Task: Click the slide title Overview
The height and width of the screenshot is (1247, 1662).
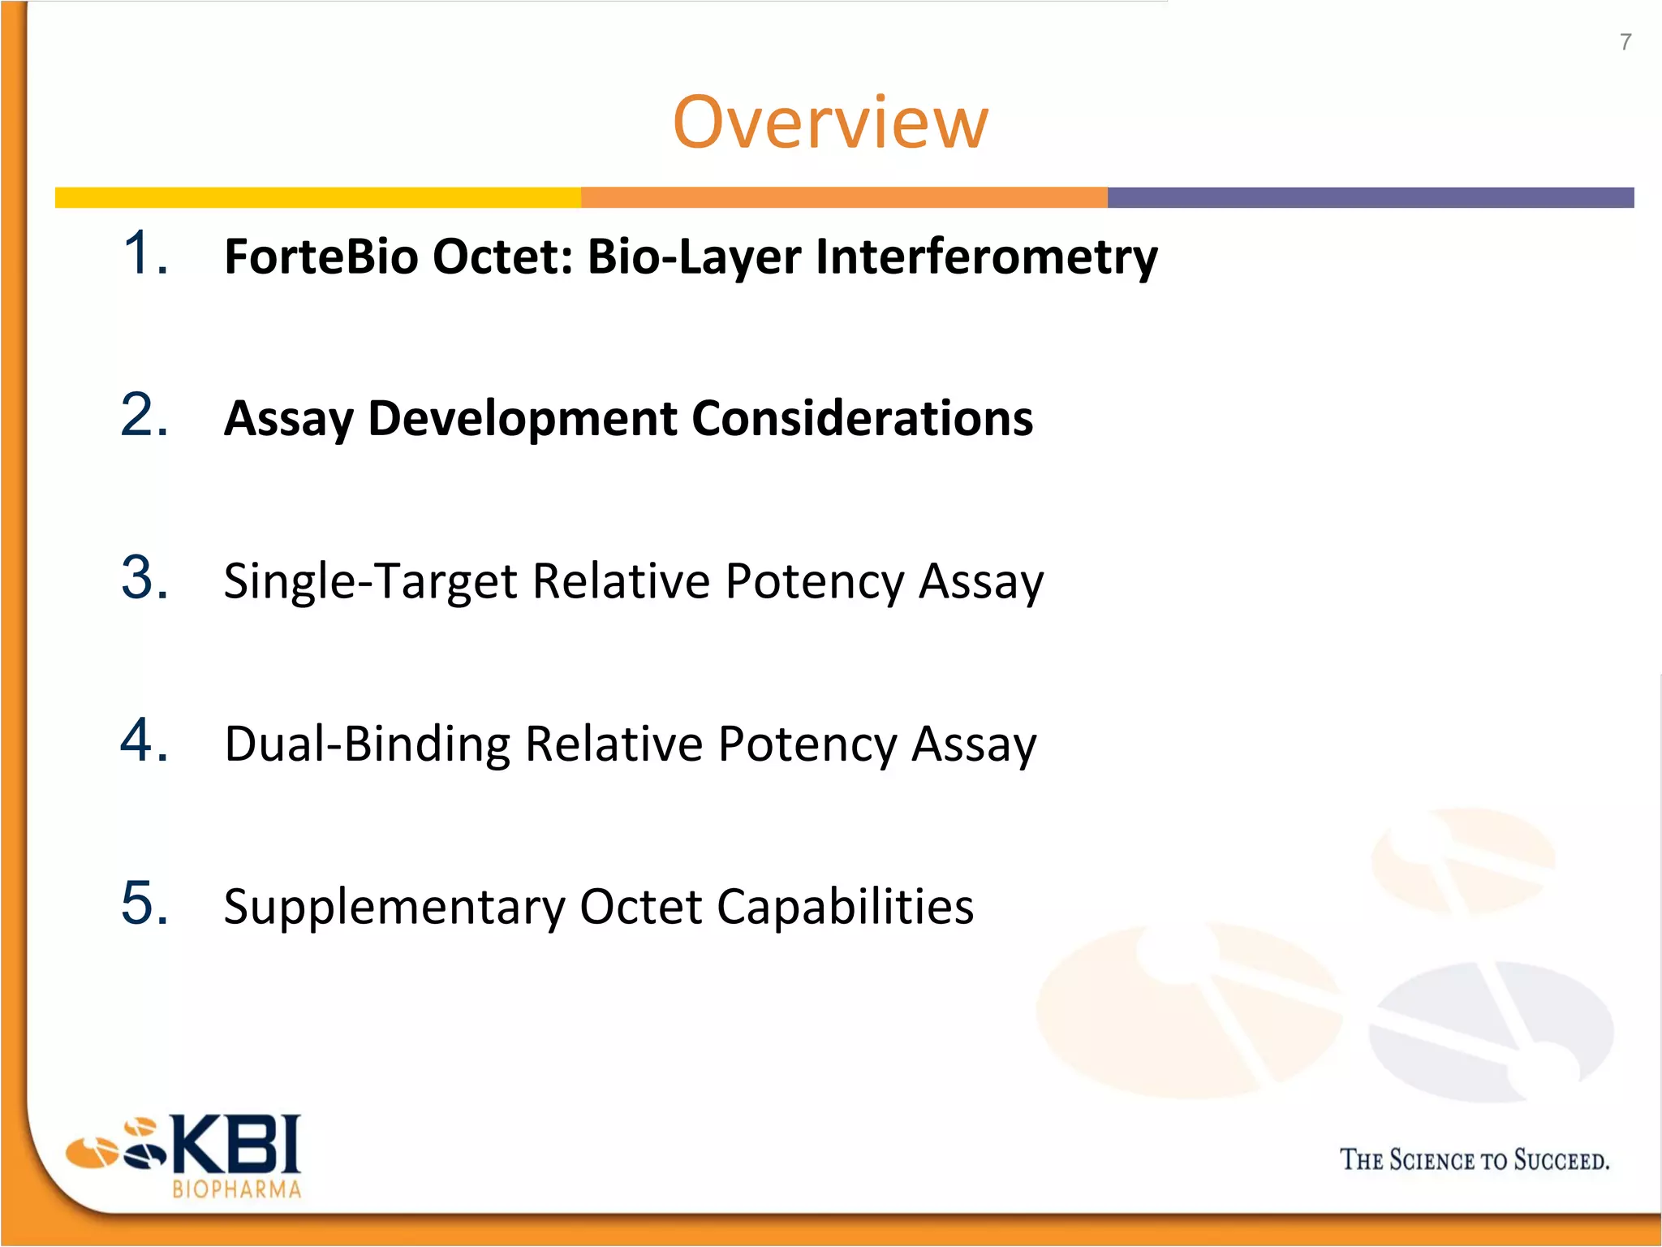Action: (830, 123)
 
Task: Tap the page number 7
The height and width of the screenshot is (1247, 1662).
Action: (1625, 42)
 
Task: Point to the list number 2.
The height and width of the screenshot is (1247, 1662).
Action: (144, 415)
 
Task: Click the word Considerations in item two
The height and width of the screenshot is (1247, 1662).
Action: (862, 419)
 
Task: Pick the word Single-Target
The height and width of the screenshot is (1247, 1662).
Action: (370, 581)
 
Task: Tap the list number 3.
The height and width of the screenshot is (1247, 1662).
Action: (144, 577)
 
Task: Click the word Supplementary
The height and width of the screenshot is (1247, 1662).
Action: (394, 907)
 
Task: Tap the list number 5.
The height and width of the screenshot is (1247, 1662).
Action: (144, 902)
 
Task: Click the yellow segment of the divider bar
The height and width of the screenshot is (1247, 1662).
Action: (316, 197)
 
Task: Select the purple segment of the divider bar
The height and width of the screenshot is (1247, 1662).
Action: (1370, 197)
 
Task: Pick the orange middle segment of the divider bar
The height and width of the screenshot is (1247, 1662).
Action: (844, 197)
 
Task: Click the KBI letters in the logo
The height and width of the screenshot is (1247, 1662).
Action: (235, 1144)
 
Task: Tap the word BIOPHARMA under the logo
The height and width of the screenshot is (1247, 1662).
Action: (236, 1189)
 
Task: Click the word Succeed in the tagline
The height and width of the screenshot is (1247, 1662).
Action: (1560, 1159)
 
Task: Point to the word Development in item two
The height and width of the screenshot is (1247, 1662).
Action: (523, 419)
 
